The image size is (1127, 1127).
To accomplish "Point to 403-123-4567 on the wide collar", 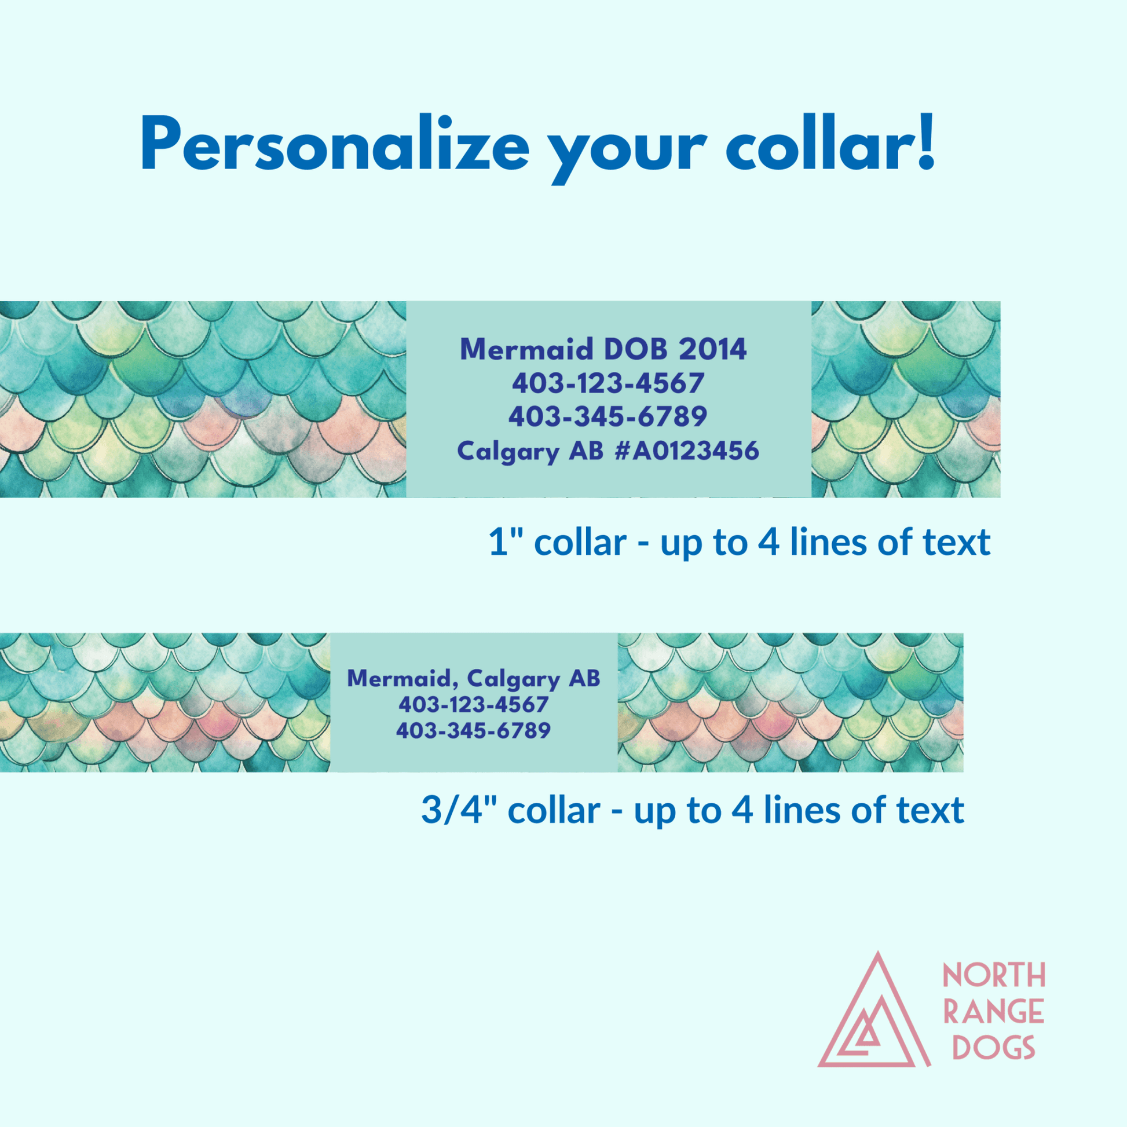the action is click(x=608, y=383).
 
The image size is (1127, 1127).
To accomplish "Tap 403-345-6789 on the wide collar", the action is click(x=608, y=416).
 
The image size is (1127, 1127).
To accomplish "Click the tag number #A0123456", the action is click(x=687, y=451).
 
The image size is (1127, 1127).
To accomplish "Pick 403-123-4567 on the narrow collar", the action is click(x=474, y=705).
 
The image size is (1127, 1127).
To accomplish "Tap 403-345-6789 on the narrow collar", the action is click(x=474, y=730).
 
